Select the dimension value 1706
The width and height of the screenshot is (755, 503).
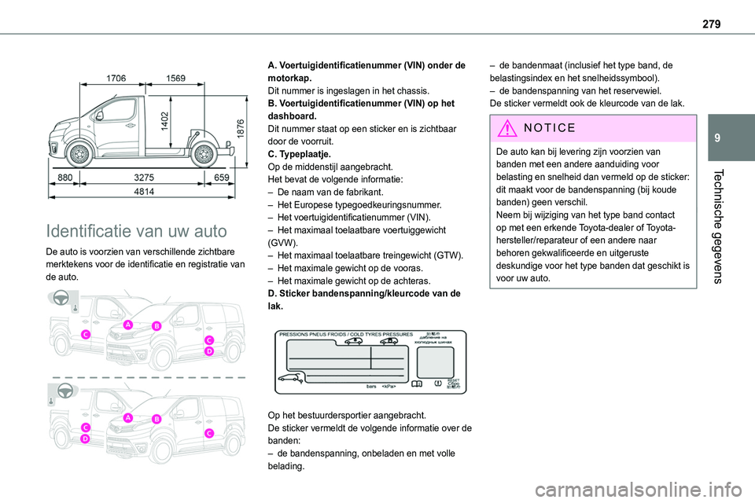[117, 76]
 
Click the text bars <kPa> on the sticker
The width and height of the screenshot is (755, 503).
[381, 387]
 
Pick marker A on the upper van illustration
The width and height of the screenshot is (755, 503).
[126, 325]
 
